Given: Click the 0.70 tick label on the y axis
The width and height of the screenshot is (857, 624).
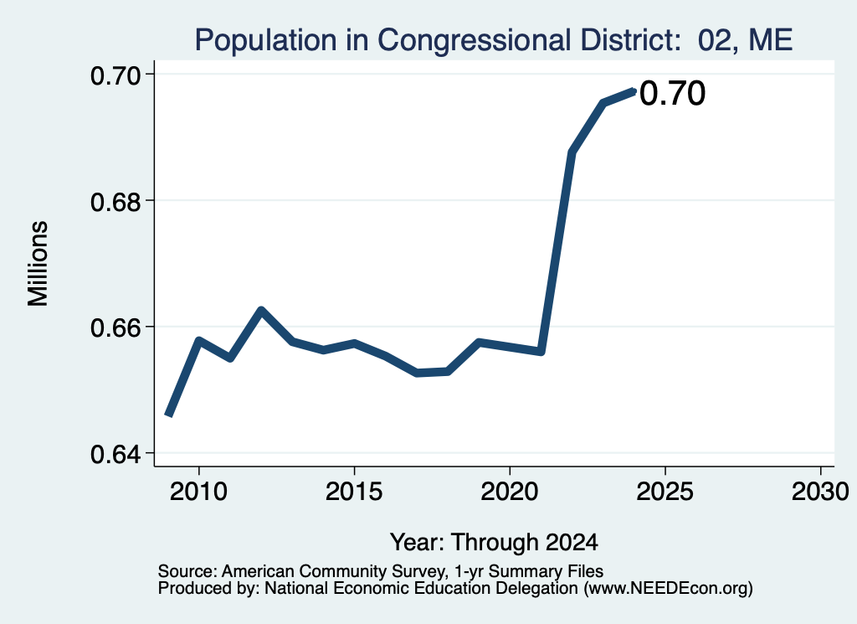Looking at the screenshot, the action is [115, 75].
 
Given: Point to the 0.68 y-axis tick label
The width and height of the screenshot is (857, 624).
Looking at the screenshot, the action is [115, 202].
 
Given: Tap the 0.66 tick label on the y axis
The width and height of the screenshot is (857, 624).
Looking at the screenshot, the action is [115, 328].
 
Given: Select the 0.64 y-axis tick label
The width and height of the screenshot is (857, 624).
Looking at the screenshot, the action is [115, 455].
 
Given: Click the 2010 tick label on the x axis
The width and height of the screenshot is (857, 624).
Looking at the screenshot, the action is [198, 491].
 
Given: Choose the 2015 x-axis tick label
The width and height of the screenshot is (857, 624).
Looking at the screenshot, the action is [354, 491].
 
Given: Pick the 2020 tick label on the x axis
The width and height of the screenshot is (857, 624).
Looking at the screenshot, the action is [510, 491].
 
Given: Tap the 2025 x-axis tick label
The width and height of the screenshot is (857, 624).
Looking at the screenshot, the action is [665, 491].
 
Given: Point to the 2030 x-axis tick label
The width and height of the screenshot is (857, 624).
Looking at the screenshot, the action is [820, 491].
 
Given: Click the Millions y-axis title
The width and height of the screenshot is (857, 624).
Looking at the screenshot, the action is [38, 264].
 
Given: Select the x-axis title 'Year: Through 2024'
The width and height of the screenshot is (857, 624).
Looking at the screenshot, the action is [494, 542].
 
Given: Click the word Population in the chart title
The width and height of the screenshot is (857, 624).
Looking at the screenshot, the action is [265, 40].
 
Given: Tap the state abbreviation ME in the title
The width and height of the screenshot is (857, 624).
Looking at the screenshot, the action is [770, 40].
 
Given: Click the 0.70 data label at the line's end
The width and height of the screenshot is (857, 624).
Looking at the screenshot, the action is [672, 93].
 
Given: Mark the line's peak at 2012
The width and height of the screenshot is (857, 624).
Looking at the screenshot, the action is [261, 311].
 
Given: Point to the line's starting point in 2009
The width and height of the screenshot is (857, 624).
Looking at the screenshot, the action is [169, 415].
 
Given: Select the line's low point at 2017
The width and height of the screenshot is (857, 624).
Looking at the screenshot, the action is [417, 373].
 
